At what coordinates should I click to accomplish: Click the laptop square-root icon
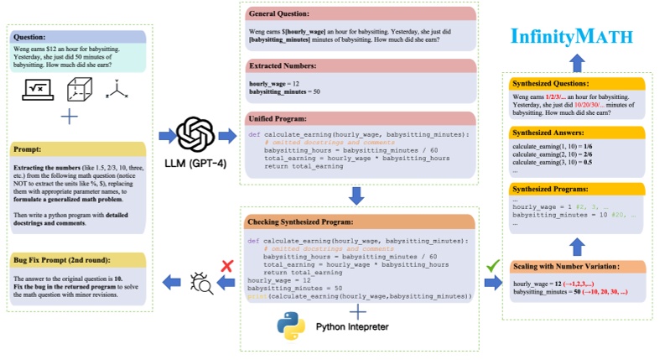tap(36, 88)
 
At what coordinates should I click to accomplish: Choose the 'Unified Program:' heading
tap(277, 119)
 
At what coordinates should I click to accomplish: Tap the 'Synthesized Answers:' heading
tap(545, 132)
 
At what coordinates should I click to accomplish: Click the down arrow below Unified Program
tap(357, 196)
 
